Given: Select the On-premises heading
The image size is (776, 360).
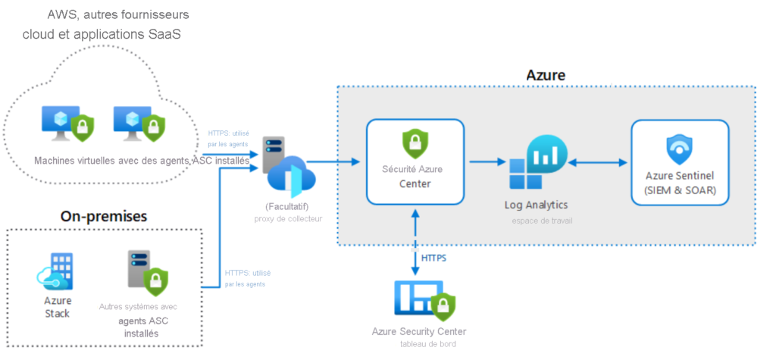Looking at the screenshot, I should (104, 216).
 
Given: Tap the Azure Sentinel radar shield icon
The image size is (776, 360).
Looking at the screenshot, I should (679, 148).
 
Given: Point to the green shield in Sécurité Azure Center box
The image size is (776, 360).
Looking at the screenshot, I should (415, 142).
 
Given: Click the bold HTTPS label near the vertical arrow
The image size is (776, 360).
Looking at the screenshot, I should (433, 258).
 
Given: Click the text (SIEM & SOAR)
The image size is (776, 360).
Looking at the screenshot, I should (680, 189).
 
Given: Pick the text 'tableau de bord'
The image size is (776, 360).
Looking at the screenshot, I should (428, 344).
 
